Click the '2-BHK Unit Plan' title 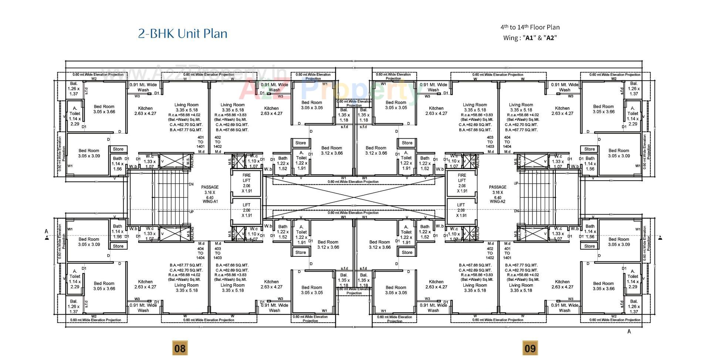183,34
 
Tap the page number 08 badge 179,348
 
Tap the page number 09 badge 530,348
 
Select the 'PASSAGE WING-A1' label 210,194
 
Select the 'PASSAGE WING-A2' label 497,194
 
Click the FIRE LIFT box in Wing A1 246,183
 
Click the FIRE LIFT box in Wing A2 462,183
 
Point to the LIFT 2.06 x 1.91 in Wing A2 461,210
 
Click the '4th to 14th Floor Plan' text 530,27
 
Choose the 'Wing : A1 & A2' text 530,38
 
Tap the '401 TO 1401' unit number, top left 200,142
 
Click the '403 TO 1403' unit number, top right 490,142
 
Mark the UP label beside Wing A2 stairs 516,184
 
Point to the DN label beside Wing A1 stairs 191,184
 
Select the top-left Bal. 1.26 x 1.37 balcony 74,89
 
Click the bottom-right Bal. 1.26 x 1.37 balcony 633,306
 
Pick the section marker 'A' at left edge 47,232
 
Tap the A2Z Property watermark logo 327,89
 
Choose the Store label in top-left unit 118,149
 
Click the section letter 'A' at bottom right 629,332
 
